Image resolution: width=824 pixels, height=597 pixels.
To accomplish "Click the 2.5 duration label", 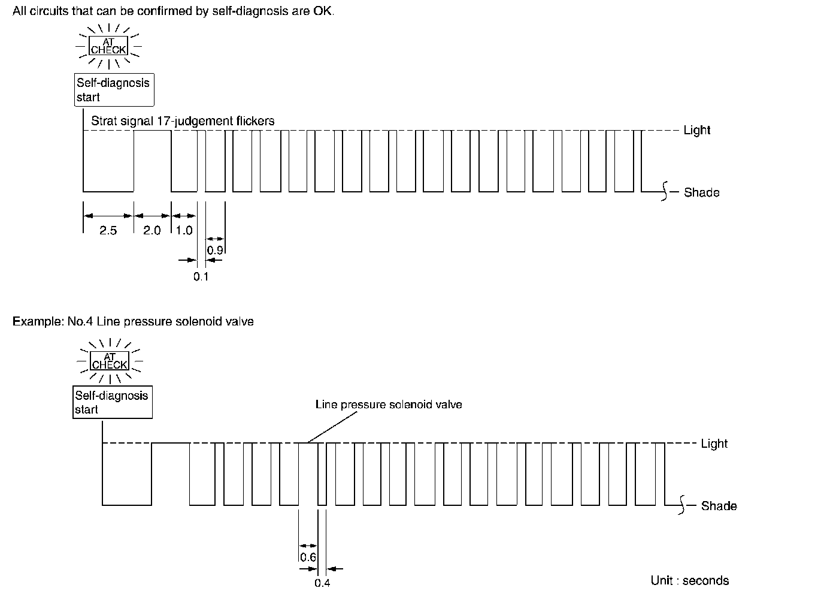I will click(108, 231).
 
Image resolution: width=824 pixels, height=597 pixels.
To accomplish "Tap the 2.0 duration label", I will click(152, 231).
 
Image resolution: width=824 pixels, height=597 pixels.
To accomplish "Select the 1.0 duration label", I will click(184, 231).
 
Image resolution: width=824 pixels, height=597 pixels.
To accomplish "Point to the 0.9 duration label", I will click(215, 250).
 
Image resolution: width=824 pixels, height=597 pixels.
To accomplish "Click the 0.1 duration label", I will click(201, 277).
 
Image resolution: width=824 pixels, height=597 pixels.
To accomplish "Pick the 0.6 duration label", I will click(308, 557).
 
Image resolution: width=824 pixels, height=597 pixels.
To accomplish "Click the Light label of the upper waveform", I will click(697, 130).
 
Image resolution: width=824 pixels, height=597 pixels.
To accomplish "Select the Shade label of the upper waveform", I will click(702, 192).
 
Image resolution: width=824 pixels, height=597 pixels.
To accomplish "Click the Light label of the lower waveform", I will click(714, 444).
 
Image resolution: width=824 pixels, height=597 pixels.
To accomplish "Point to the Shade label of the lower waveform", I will click(719, 506).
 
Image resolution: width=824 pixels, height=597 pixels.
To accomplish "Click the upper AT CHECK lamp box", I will click(108, 46).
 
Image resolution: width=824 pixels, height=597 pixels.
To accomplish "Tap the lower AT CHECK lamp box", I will click(110, 361).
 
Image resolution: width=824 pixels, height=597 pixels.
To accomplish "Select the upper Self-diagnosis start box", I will click(114, 90).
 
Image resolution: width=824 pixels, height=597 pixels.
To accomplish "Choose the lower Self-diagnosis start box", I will click(112, 402).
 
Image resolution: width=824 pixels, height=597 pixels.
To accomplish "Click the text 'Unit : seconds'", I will click(690, 580).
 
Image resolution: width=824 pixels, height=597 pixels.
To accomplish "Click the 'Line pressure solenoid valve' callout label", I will click(389, 405).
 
